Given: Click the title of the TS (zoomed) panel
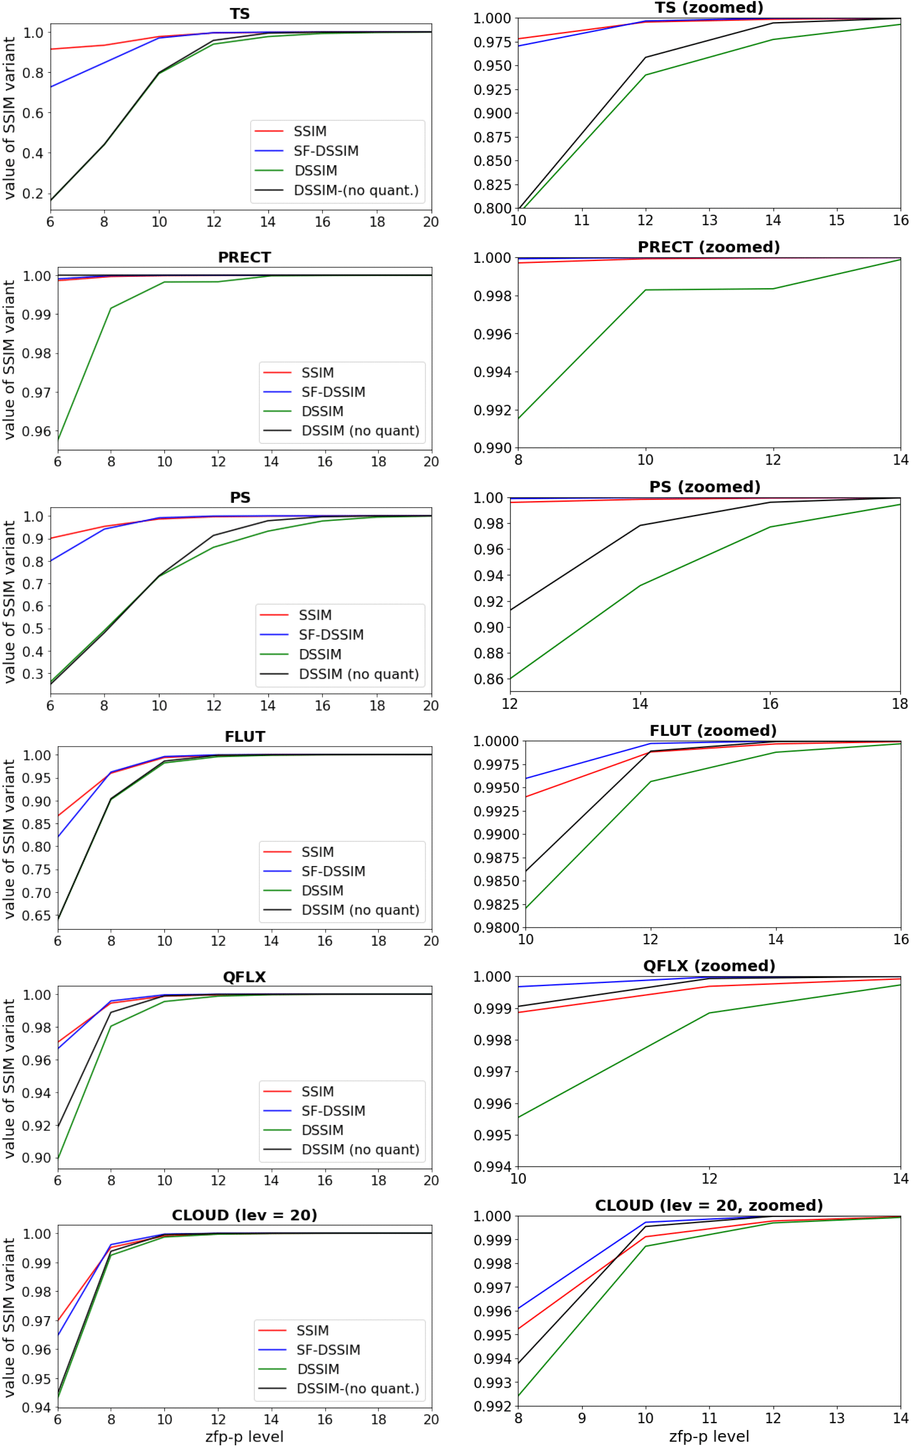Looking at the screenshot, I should [x=709, y=8].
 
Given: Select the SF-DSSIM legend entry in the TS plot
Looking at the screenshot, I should [x=326, y=151].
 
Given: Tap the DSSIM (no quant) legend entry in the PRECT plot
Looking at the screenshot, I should [x=360, y=431].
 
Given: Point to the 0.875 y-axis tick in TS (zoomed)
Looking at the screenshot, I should [x=492, y=137].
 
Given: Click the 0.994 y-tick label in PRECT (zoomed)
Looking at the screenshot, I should [x=492, y=372].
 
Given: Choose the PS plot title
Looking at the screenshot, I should [x=240, y=498].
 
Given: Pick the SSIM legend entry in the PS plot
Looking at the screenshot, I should [x=315, y=615].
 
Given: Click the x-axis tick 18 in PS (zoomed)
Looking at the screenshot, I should [x=900, y=704].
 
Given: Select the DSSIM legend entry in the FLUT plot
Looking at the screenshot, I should [x=323, y=891].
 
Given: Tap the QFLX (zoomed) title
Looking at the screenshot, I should [x=709, y=966].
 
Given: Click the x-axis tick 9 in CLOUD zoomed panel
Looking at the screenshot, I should [x=582, y=1419].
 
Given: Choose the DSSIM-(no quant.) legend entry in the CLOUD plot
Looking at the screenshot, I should [x=357, y=1389].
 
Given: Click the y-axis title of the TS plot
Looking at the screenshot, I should [x=9, y=118].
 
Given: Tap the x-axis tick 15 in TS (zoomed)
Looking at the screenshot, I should [x=836, y=221].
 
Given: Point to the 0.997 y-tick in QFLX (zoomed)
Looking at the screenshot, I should [x=492, y=1072].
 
